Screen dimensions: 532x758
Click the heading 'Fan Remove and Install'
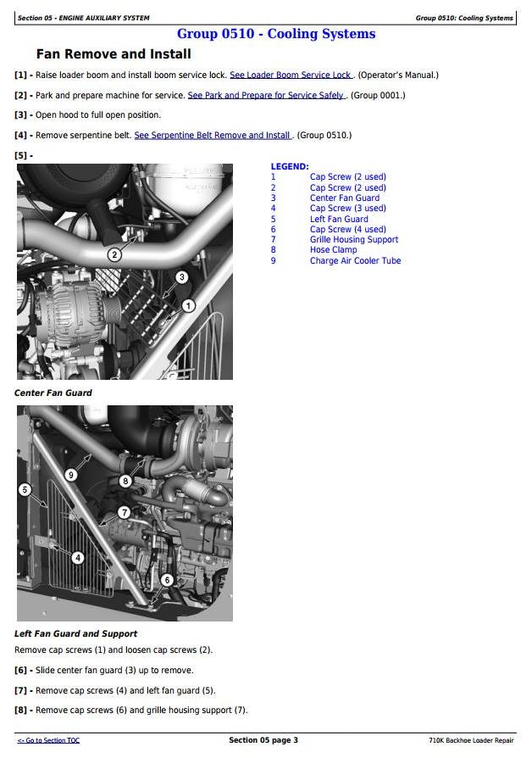114,54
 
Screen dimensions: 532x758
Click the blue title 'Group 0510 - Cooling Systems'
276,34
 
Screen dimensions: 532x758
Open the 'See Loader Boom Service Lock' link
291,75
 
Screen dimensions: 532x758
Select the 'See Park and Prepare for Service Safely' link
266,95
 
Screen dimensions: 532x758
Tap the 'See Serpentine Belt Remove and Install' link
212,136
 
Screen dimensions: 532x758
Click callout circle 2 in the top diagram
114,254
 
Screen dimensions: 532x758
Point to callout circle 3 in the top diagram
181,277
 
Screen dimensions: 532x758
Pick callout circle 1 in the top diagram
188,305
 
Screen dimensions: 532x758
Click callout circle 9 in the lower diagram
71,475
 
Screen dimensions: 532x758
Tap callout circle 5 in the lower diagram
25,490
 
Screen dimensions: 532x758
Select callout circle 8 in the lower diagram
125,481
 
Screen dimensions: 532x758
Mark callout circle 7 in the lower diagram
125,512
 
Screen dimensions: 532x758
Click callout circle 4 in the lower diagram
78,558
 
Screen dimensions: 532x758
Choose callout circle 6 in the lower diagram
167,580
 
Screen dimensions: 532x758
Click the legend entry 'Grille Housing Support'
354,239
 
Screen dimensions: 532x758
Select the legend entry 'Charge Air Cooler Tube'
355,260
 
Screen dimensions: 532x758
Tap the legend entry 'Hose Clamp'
334,250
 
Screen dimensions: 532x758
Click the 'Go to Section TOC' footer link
48,740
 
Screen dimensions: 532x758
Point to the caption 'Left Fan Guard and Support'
76,633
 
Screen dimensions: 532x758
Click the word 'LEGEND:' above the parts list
290,167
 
